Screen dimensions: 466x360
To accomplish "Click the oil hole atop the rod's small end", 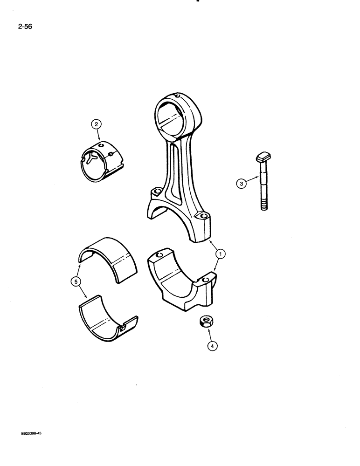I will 177,97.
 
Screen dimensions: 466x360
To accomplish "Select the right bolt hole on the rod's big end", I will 202,216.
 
